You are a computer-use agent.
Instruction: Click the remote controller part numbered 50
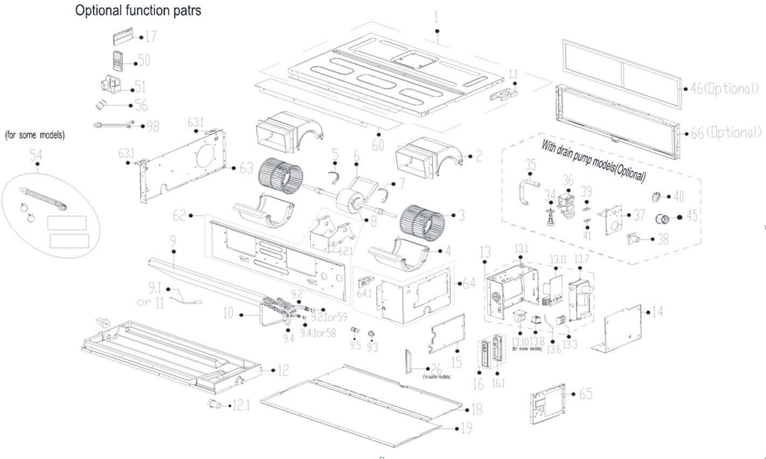119,61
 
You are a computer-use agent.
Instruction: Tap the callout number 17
151,37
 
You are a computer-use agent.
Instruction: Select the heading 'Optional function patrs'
138,10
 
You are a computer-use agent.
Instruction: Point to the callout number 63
246,168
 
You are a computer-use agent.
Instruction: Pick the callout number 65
586,394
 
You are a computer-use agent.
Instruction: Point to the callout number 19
467,428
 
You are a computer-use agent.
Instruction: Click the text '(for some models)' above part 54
35,136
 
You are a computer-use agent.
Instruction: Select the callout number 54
36,156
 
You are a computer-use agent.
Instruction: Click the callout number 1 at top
436,18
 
